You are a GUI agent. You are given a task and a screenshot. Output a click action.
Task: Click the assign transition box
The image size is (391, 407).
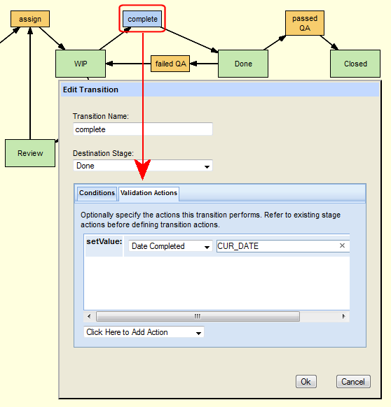click(x=30, y=19)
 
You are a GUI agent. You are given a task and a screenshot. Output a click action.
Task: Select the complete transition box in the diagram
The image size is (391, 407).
click(x=142, y=19)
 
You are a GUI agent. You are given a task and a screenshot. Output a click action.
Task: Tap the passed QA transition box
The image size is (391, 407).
click(x=305, y=23)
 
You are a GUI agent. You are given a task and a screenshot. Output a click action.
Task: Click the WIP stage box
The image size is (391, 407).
click(x=81, y=64)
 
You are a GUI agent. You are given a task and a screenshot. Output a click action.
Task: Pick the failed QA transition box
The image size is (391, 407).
click(x=170, y=64)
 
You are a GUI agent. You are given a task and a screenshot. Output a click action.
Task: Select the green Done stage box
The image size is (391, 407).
click(x=243, y=64)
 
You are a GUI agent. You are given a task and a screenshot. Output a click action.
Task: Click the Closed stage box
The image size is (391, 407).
click(x=355, y=64)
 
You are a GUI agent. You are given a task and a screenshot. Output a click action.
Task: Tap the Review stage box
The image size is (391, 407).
click(x=30, y=153)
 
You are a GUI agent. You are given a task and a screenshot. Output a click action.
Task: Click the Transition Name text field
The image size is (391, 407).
click(x=143, y=129)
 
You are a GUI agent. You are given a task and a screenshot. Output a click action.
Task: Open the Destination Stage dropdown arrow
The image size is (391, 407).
click(x=207, y=166)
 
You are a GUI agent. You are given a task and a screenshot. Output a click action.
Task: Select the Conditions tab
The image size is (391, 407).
click(x=97, y=193)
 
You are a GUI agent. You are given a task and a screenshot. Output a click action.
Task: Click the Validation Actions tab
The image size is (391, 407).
click(x=149, y=194)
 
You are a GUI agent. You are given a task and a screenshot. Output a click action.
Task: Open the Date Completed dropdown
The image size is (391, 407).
click(x=170, y=246)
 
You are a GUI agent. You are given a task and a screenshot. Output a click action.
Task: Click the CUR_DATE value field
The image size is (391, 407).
click(x=277, y=246)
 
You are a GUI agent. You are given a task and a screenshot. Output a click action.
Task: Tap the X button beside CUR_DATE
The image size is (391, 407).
click(x=342, y=245)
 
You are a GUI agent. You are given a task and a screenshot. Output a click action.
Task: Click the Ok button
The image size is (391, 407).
click(x=306, y=382)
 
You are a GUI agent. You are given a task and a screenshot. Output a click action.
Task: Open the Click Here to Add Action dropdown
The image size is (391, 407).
click(x=144, y=332)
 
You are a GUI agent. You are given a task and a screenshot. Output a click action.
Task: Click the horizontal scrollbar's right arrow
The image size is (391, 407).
click(x=343, y=316)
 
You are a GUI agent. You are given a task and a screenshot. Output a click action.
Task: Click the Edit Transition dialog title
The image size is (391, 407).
click(x=90, y=90)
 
